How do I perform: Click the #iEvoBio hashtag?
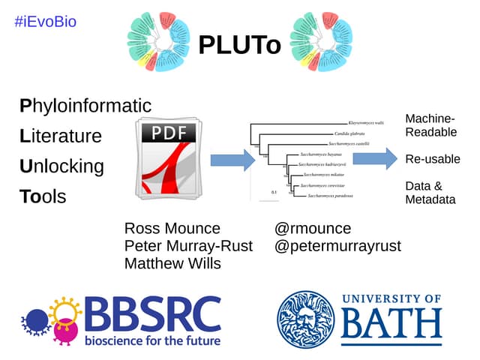coord(45,22)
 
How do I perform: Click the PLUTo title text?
coord(239,46)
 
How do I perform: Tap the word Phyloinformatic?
coord(85,106)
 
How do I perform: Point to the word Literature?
coord(61,136)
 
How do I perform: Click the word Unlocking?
coord(61,166)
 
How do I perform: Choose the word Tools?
coord(43,197)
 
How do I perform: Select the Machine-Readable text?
coord(430,125)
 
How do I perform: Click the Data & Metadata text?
coord(430,193)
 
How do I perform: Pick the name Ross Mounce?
coord(172,229)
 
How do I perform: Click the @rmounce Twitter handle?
coord(313,229)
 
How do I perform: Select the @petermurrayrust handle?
coord(337,246)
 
